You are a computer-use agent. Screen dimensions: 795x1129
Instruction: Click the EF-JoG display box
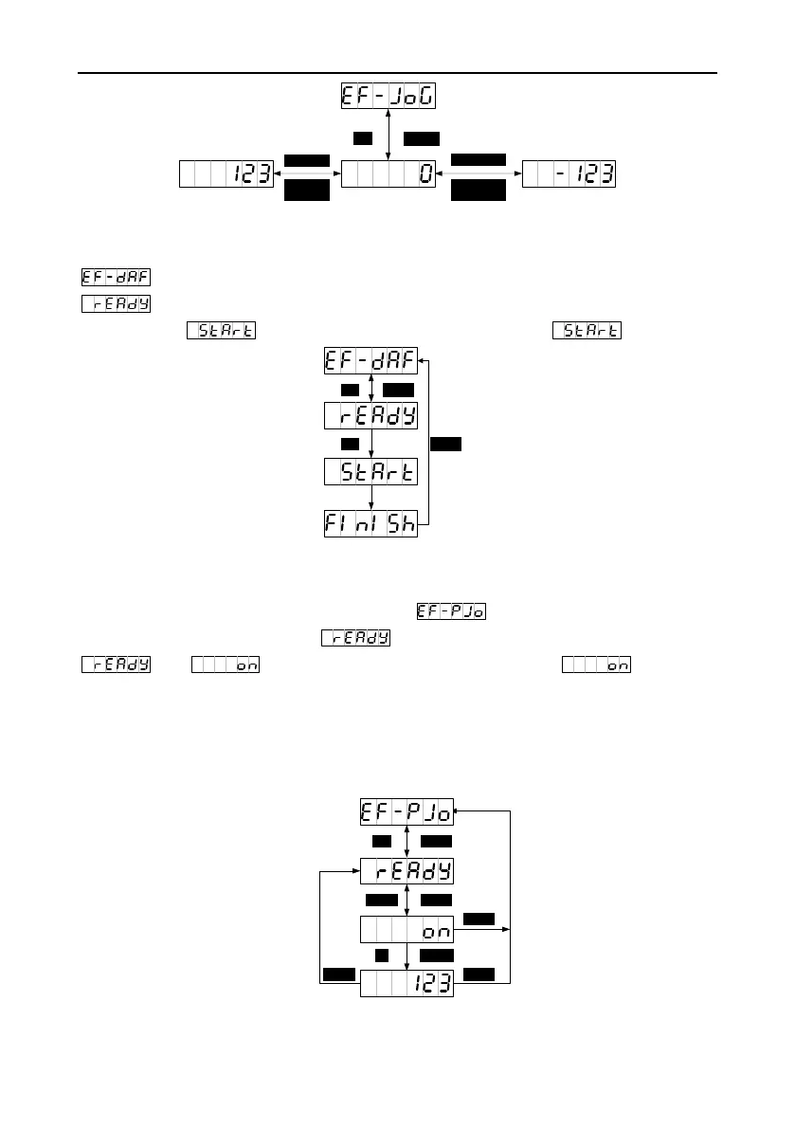coord(388,97)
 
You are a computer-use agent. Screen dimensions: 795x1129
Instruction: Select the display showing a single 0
coord(388,174)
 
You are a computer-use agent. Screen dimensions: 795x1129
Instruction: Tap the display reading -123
coord(569,174)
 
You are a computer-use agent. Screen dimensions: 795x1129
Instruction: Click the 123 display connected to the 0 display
coord(226,174)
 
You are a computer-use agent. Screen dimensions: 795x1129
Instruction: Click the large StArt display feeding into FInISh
coord(370,471)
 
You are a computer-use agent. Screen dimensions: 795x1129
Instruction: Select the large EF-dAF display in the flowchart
coord(370,361)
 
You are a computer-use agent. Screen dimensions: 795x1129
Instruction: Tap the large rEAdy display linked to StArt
coord(370,415)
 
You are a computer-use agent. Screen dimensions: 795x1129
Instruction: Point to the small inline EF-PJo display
coord(450,611)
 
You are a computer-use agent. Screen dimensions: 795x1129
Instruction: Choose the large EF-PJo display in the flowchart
coord(407,812)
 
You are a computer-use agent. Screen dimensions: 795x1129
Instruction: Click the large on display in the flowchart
coord(407,930)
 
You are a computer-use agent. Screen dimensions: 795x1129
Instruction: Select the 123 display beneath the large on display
coord(407,983)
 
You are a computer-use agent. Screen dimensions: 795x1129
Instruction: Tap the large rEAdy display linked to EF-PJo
coord(407,870)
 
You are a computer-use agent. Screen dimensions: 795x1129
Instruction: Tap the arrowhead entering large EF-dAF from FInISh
coord(423,360)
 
